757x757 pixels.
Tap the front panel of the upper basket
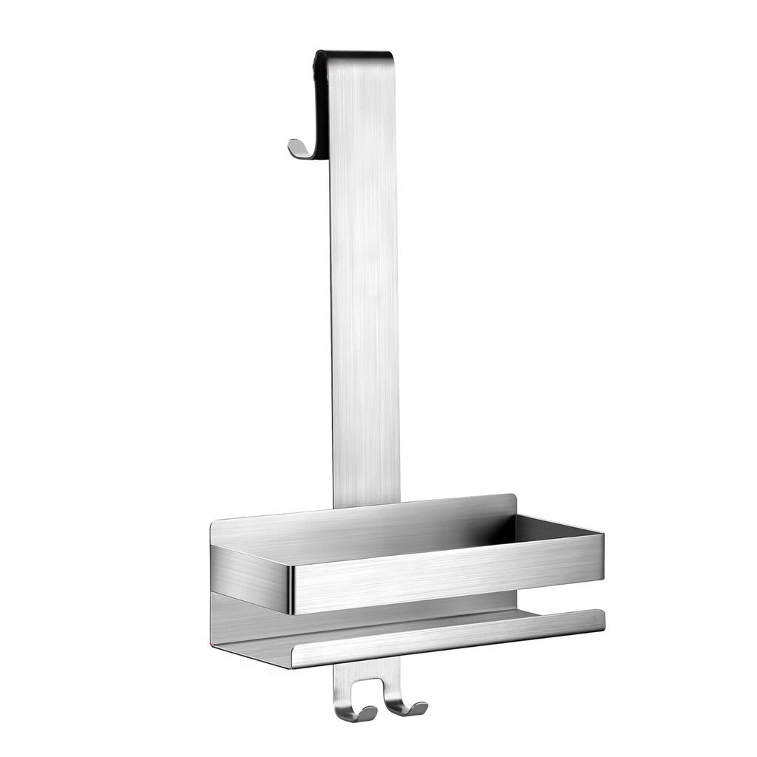pyautogui.click(x=444, y=573)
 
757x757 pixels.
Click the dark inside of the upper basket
pyautogui.click(x=547, y=529)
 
